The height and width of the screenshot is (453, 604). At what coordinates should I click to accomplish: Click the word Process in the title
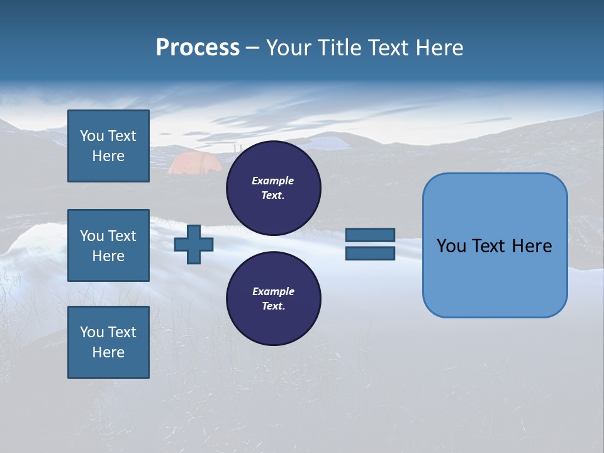click(198, 48)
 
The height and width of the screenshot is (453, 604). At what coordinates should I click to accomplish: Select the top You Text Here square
click(108, 146)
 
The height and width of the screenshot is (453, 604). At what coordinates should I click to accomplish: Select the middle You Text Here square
click(108, 245)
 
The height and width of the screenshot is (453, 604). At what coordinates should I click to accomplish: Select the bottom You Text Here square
click(108, 342)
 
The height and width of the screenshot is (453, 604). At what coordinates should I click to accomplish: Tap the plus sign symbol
click(194, 244)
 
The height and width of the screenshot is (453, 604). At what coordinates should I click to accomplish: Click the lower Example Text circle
click(273, 298)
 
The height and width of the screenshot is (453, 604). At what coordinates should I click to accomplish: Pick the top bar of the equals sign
click(370, 235)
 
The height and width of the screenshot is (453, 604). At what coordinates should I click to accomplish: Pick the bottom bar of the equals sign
click(370, 253)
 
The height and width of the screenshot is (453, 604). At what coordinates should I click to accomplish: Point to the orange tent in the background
click(194, 164)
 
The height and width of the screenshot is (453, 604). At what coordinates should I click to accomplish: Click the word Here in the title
click(440, 48)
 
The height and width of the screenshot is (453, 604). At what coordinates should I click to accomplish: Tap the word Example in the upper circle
click(273, 181)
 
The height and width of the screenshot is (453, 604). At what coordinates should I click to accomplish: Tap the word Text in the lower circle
click(273, 306)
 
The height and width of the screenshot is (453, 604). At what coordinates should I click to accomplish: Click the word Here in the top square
click(108, 156)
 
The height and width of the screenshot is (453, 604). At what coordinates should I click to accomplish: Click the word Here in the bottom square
click(108, 352)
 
